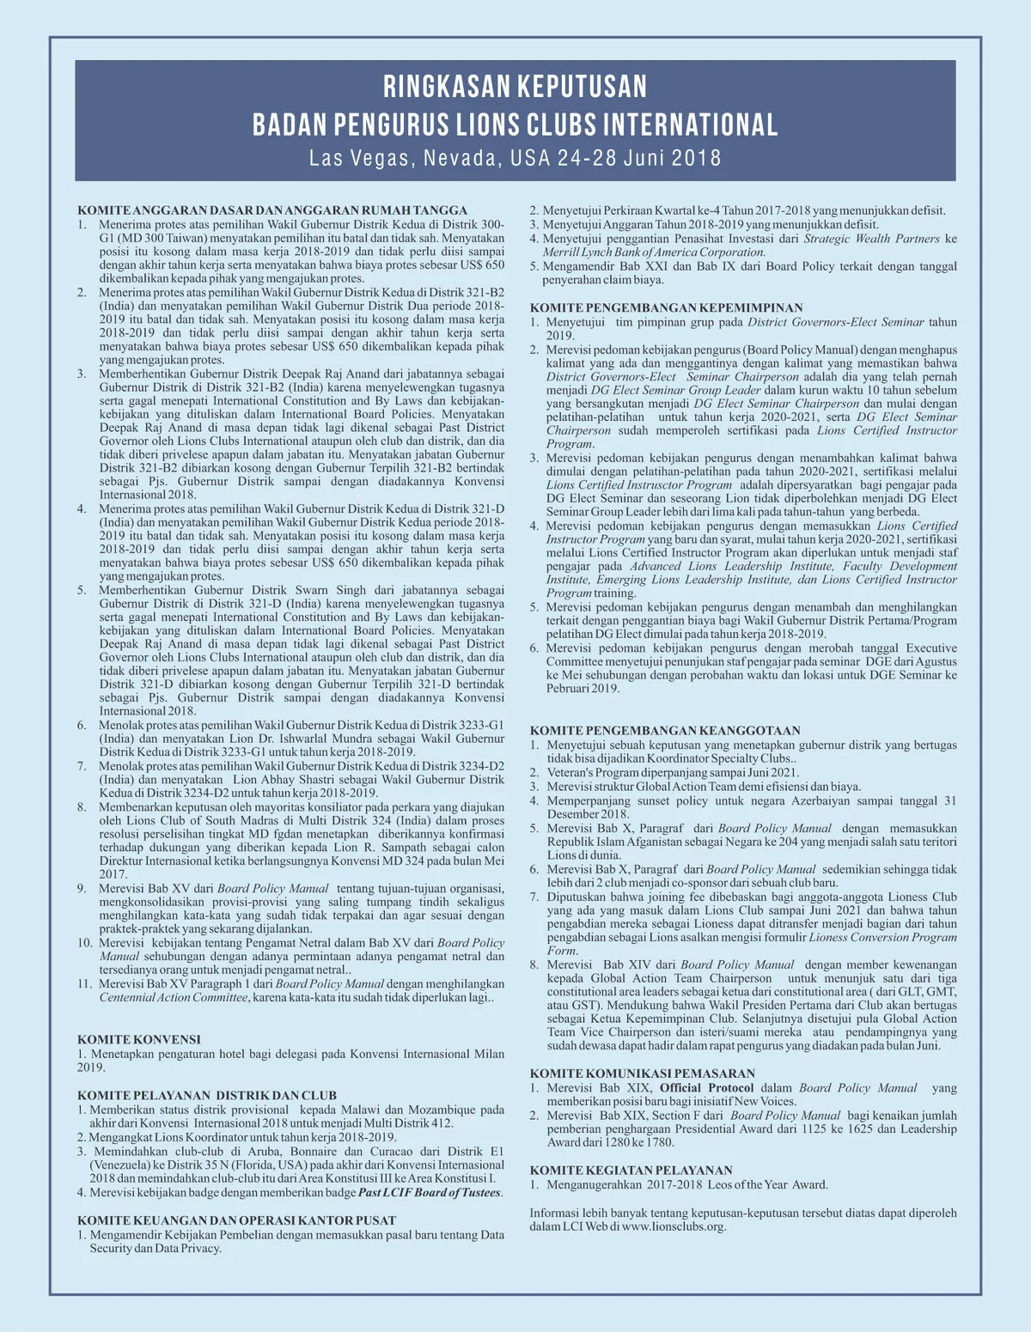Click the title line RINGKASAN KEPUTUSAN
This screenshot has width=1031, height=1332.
click(515, 87)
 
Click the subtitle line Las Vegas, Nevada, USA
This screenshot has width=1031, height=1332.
click(515, 158)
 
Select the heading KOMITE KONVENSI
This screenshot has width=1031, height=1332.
click(139, 1039)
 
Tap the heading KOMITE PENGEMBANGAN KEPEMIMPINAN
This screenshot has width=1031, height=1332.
click(666, 307)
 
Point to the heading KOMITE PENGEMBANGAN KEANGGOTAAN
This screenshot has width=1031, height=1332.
click(665, 730)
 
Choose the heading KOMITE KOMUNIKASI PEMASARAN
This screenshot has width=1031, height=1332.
click(643, 1074)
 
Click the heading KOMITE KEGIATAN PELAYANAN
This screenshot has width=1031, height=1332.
click(631, 1170)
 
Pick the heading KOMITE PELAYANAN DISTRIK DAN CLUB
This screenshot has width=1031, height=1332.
click(207, 1095)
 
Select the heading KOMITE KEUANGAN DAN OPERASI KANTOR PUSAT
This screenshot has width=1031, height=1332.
click(237, 1220)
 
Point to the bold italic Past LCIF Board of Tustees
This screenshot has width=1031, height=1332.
click(430, 1193)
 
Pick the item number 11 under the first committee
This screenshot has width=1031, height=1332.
click(85, 984)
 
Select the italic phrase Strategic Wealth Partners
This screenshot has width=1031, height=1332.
click(871, 239)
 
